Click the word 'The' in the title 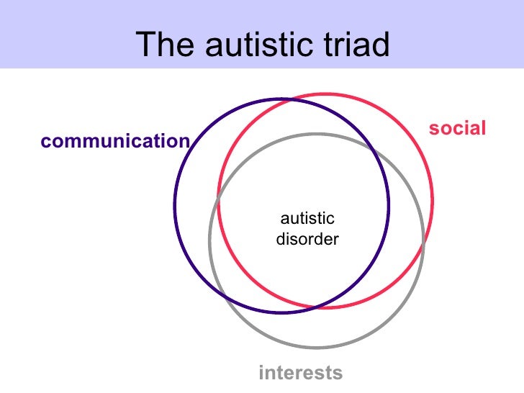click(165, 45)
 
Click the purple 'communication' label click(115, 142)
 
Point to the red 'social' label click(458, 129)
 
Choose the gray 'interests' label click(300, 373)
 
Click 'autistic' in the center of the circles click(307, 219)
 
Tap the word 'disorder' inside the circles click(307, 240)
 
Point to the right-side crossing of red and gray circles click(425, 244)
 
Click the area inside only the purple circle click(194, 209)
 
